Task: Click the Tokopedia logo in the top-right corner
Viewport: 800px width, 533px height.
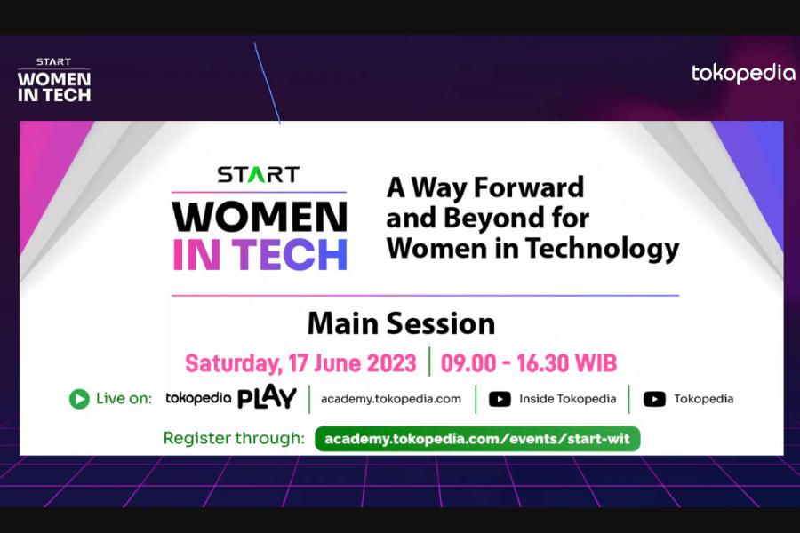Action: [743, 74]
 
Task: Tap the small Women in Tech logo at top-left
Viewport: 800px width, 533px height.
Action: [54, 80]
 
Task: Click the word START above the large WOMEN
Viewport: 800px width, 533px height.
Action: [258, 174]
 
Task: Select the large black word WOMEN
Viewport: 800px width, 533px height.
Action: [260, 217]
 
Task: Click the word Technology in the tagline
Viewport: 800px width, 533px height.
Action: [603, 249]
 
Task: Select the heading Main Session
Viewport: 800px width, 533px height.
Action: [401, 323]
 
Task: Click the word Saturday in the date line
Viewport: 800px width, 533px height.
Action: [233, 363]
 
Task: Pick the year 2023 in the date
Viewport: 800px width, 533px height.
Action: [391, 363]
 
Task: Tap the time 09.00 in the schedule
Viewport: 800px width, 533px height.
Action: [468, 363]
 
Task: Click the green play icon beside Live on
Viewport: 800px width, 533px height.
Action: [79, 399]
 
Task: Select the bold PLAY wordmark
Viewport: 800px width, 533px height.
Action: [267, 397]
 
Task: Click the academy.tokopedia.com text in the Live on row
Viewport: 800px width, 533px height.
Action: [391, 399]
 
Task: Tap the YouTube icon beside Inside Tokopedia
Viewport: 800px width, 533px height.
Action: [500, 399]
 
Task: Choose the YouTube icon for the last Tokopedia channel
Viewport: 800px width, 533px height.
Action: [654, 399]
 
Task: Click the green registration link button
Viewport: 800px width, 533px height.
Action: [477, 439]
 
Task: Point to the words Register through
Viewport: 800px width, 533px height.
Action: [234, 438]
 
